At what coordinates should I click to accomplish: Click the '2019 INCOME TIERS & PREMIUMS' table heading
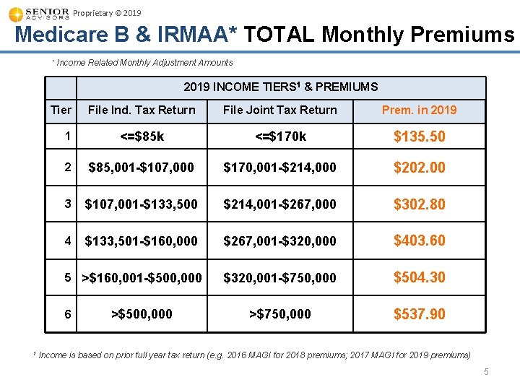280,87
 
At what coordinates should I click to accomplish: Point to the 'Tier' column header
61,110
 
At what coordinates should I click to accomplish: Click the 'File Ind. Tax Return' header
142,110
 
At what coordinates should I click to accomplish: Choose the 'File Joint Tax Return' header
279,110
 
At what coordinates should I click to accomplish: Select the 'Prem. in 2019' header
419,110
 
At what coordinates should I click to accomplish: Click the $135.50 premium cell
419,136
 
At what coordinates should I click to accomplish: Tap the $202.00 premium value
419,168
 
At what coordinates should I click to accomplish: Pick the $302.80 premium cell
419,204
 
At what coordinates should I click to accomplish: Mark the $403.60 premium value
419,240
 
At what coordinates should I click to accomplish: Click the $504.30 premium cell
419,277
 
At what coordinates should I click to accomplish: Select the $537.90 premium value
419,314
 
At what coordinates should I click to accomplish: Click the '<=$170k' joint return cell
279,136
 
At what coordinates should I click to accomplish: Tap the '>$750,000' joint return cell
279,313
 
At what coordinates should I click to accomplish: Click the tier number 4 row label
67,240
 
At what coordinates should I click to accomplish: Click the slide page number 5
486,372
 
